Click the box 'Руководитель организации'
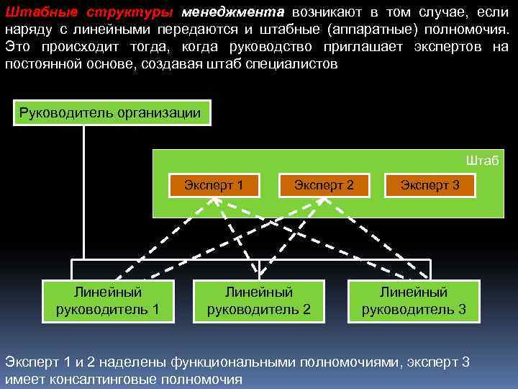coord(109,112)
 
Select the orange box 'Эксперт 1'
coord(213,185)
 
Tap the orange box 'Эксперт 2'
coord(324,185)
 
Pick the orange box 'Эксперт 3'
coord(430,185)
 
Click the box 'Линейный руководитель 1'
coord(108,301)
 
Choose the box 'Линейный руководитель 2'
coord(259,301)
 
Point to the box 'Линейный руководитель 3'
coord(414,301)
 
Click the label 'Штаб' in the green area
coord(482,160)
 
